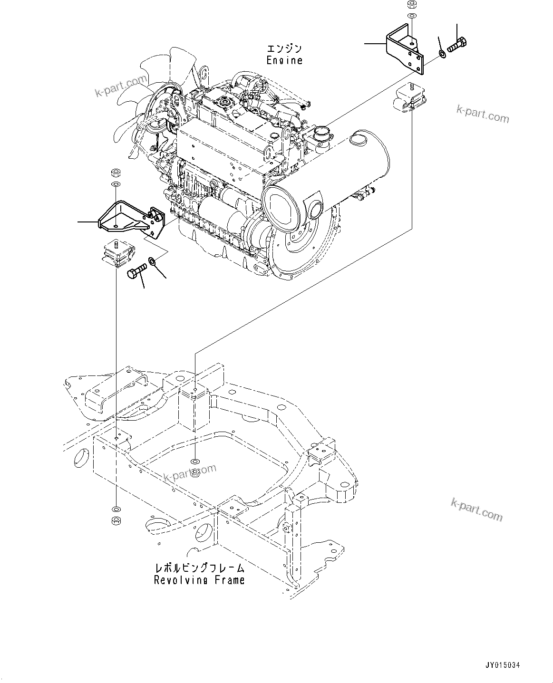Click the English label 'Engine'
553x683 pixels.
tap(284, 60)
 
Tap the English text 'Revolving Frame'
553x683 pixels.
tap(199, 580)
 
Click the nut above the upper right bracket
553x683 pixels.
tap(411, 5)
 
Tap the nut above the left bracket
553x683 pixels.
tap(115, 172)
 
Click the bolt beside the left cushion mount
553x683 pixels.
tap(137, 272)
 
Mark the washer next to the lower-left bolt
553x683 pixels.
tap(152, 260)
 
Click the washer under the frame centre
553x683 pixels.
tap(194, 462)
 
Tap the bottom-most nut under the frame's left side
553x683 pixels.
tap(115, 521)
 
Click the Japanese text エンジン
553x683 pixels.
tap(284, 48)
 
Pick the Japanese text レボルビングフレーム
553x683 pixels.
tap(199, 568)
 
